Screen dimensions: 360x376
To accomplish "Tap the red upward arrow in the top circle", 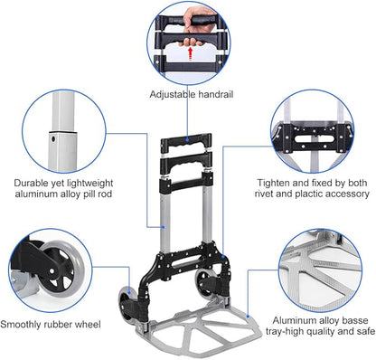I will pyautogui.click(x=188, y=53).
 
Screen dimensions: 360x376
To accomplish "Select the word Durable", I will pyautogui.click(x=31, y=181).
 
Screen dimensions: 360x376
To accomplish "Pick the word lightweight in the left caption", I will pyautogui.click(x=95, y=181).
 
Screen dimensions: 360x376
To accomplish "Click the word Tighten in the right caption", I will pyautogui.click(x=249, y=181).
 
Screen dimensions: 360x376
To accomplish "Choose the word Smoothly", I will pyautogui.click(x=24, y=323).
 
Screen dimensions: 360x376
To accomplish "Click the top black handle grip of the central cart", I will pyautogui.click(x=188, y=143).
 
